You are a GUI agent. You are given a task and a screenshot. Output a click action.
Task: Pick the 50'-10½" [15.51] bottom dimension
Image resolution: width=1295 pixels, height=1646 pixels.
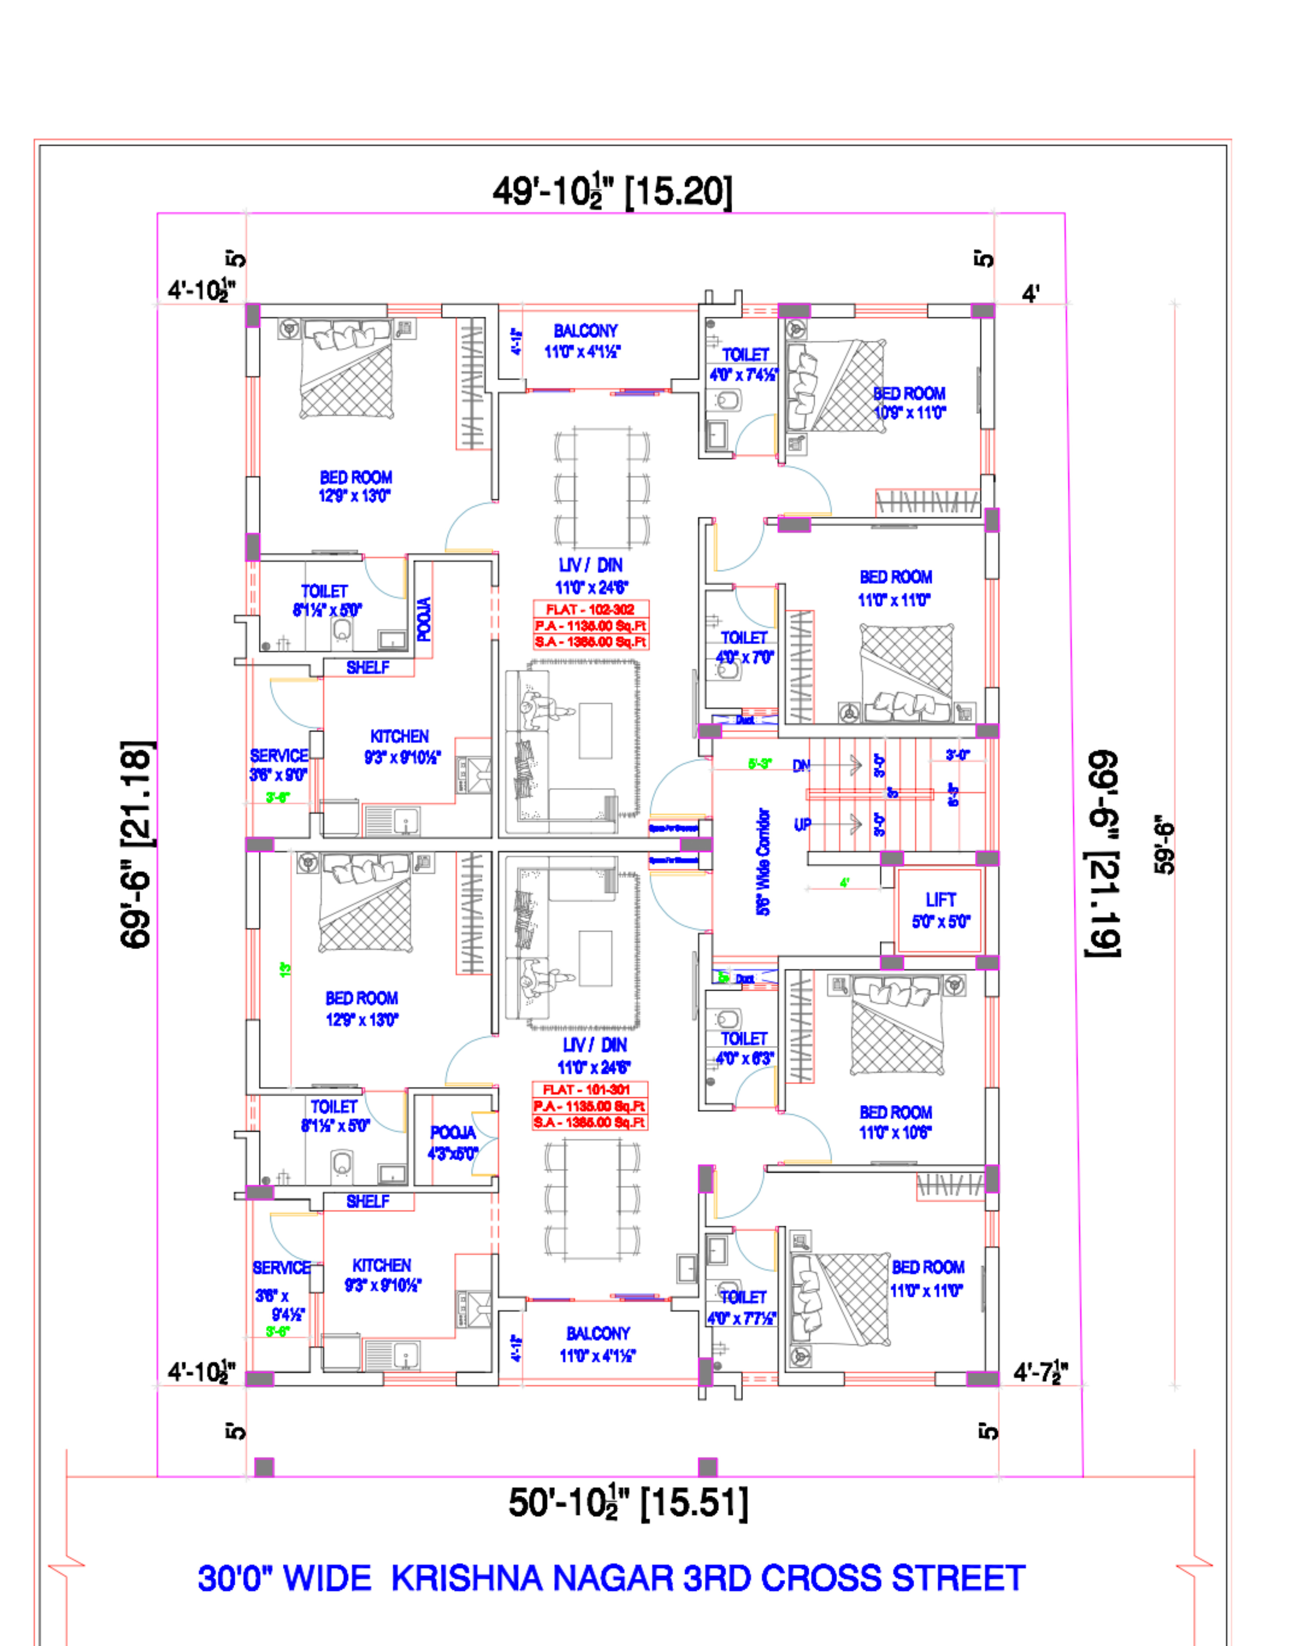[x=628, y=1503]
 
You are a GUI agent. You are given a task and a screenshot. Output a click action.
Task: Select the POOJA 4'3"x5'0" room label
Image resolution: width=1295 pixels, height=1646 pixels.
[x=453, y=1143]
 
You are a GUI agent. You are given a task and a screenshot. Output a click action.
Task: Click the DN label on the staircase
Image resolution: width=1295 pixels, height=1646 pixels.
[x=801, y=766]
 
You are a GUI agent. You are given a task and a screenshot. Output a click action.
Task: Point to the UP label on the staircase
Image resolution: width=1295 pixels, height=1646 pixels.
[x=802, y=824]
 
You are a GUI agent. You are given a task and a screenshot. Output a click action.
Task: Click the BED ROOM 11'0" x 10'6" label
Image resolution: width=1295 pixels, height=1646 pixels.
[x=895, y=1122]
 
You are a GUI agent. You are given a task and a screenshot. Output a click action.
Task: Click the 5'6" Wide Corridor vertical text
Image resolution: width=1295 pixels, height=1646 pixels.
[x=764, y=862]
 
